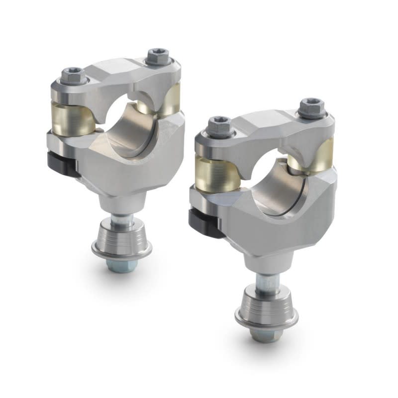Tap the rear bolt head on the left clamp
(x=155, y=57)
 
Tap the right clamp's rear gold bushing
(x=323, y=154)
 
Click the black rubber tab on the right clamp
(x=201, y=222)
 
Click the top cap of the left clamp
(x=119, y=75)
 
